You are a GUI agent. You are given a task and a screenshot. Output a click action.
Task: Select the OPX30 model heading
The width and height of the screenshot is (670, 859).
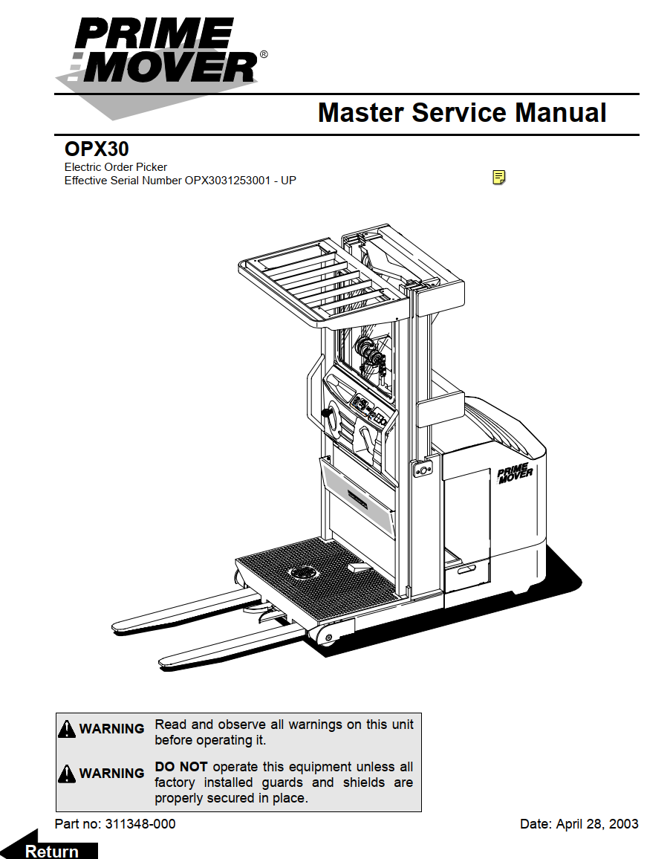pyautogui.click(x=97, y=149)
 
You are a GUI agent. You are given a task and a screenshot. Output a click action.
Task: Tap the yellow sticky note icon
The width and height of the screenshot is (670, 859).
pyautogui.click(x=499, y=177)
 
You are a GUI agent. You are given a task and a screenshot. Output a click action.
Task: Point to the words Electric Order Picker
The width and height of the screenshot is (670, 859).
pyautogui.click(x=116, y=167)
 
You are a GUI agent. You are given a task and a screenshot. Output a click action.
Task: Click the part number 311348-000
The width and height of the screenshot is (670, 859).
pyautogui.click(x=140, y=823)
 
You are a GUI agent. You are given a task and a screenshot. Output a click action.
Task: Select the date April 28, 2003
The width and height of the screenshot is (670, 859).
pyautogui.click(x=597, y=823)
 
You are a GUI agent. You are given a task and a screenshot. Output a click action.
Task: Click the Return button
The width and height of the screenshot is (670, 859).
pyautogui.click(x=52, y=851)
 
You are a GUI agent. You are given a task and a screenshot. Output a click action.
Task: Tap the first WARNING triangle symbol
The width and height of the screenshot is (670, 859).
pyautogui.click(x=67, y=729)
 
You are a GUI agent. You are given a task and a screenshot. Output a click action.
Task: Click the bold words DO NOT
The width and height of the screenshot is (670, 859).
pyautogui.click(x=180, y=766)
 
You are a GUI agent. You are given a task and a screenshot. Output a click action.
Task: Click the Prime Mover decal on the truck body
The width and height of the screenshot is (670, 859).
pyautogui.click(x=514, y=473)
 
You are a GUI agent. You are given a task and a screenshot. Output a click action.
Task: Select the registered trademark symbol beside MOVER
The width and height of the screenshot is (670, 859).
pyautogui.click(x=264, y=55)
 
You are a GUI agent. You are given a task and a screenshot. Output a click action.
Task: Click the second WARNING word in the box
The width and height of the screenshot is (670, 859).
pyautogui.click(x=111, y=774)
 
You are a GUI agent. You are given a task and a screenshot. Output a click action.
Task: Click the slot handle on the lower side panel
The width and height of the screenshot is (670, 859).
pyautogui.click(x=466, y=570)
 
